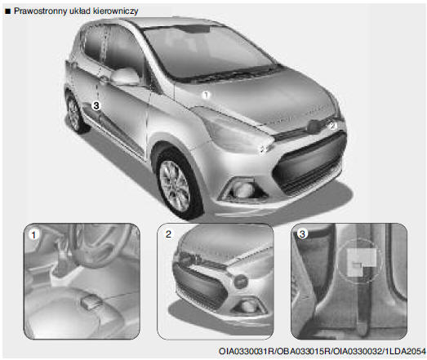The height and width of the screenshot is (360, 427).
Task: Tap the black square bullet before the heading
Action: [8, 11]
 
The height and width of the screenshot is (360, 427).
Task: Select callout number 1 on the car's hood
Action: [206, 95]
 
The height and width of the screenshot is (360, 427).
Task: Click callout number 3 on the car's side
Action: [96, 105]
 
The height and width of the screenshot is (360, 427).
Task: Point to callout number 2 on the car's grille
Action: [332, 126]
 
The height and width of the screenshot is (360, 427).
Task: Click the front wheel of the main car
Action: [176, 184]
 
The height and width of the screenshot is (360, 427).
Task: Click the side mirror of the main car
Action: [125, 76]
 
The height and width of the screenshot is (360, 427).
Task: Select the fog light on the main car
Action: [243, 189]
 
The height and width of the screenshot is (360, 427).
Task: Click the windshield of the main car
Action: [207, 51]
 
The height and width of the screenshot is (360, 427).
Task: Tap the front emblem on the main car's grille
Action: [314, 127]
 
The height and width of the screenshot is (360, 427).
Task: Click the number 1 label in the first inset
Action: [33, 235]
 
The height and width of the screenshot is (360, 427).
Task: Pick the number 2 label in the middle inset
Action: [168, 234]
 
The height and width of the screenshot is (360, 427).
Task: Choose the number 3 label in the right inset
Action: [302, 233]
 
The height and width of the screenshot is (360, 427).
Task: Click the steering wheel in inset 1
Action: [100, 245]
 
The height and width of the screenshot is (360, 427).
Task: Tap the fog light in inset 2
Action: [248, 306]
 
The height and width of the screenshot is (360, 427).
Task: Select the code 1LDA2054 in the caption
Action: [405, 351]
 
